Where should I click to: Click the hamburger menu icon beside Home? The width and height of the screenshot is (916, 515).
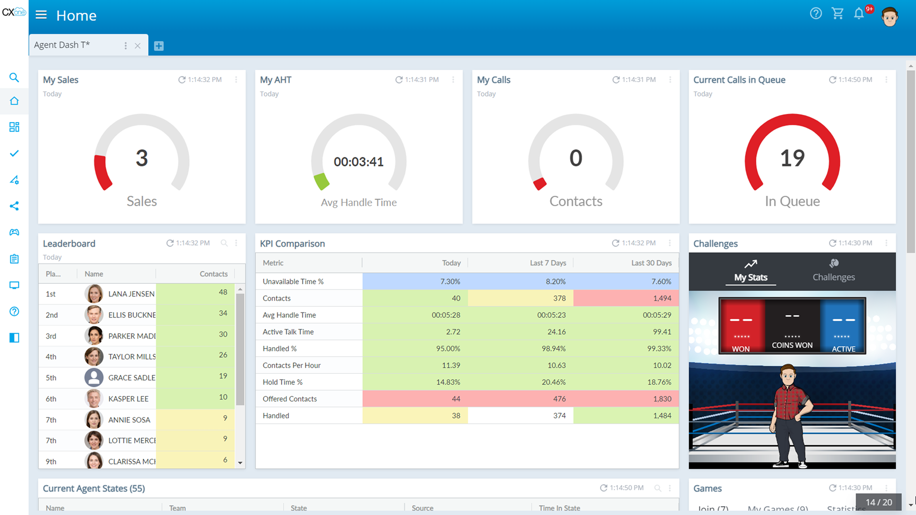pyautogui.click(x=41, y=15)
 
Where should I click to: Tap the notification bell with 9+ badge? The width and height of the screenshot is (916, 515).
pyautogui.click(x=859, y=13)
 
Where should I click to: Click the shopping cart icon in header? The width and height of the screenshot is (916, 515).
pyautogui.click(x=837, y=13)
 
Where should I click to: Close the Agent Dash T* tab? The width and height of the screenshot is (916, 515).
pyautogui.click(x=137, y=46)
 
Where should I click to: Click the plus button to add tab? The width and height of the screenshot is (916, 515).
pyautogui.click(x=159, y=46)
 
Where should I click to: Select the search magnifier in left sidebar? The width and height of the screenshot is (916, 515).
pyautogui.click(x=14, y=77)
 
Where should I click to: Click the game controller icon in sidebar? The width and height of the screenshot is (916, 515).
pyautogui.click(x=14, y=232)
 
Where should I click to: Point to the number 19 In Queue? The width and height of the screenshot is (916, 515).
pyautogui.click(x=792, y=158)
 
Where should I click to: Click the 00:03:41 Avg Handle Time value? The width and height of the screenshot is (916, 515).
pyautogui.click(x=358, y=162)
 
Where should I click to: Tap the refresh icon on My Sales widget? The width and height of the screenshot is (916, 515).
pyautogui.click(x=182, y=80)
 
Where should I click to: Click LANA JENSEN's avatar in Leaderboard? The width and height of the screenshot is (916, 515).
pyautogui.click(x=94, y=294)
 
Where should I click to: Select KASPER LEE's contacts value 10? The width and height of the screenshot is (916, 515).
pyautogui.click(x=223, y=397)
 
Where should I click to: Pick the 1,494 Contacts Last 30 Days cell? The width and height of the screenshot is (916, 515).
pyautogui.click(x=662, y=298)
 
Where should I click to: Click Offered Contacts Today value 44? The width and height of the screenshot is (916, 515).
pyautogui.click(x=456, y=399)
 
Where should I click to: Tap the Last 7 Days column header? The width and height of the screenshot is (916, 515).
pyautogui.click(x=548, y=263)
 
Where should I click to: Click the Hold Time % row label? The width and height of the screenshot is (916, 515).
pyautogui.click(x=282, y=382)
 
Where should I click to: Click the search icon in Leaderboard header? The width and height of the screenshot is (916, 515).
pyautogui.click(x=224, y=243)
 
